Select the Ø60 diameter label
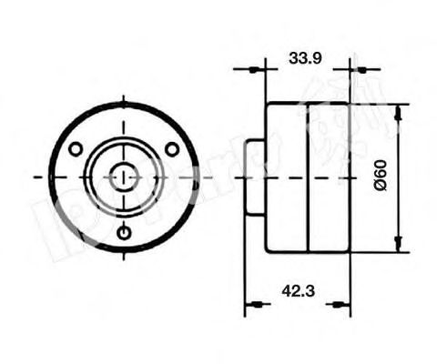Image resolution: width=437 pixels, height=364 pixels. pyautogui.click(x=382, y=175)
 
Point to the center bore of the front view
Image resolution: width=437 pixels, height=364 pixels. pyautogui.click(x=124, y=176)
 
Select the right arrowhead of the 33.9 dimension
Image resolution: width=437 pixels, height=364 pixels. pyautogui.click(x=344, y=67)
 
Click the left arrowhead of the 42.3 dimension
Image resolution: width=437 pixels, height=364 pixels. pyautogui.click(x=252, y=303)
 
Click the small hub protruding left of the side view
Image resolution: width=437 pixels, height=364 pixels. pyautogui.click(x=254, y=176)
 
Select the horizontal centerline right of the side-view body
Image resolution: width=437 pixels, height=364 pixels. pyautogui.click(x=364, y=176)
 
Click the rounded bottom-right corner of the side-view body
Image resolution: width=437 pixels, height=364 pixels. pyautogui.click(x=349, y=248)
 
